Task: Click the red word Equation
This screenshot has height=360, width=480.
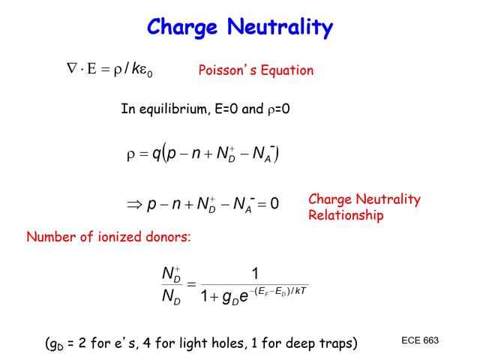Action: tap(287, 70)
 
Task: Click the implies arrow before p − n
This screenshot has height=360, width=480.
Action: tap(134, 204)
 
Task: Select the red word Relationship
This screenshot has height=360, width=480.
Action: tap(346, 215)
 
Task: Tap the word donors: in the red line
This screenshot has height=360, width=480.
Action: tap(169, 237)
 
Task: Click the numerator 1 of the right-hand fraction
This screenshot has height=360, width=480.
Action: tap(255, 273)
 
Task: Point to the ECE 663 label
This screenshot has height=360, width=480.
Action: tap(420, 340)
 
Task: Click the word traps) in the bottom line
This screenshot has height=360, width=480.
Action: tap(335, 343)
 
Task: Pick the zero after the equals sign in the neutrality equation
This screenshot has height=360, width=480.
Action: tap(274, 204)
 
